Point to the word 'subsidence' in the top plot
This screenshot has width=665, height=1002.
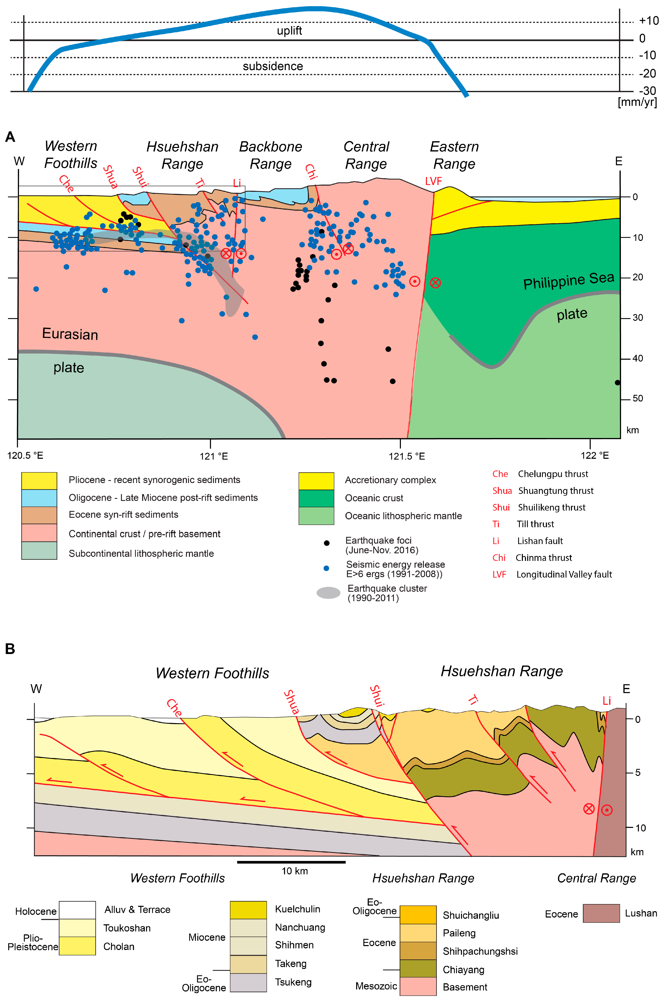[x=273, y=66]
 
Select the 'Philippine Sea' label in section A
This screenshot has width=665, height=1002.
[x=568, y=281]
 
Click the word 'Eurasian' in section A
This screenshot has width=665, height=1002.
[x=70, y=334]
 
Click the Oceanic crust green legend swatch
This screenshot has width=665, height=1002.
[x=316, y=498]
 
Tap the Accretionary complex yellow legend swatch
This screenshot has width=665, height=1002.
[x=316, y=481]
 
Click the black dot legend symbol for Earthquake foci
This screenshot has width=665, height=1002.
[x=327, y=543]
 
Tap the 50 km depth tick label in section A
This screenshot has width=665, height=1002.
[x=637, y=399]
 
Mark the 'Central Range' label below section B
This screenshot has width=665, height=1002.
[x=596, y=878]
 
